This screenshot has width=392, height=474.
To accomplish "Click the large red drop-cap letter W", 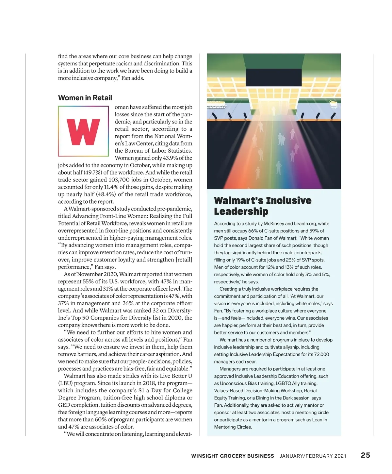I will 83,131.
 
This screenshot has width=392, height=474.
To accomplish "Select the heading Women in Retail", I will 85,98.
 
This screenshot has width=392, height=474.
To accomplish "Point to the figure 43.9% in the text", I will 170,158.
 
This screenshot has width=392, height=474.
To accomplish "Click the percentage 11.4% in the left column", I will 110,187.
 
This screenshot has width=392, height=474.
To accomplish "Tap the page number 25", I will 365,455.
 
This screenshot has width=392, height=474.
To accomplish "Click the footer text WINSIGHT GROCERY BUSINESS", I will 233,456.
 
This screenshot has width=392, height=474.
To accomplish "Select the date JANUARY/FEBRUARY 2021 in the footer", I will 313,456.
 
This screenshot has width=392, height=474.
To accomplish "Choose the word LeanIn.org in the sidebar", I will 305,224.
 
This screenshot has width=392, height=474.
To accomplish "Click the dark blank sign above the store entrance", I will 274,77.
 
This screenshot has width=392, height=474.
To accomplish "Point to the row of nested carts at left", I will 216,107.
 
